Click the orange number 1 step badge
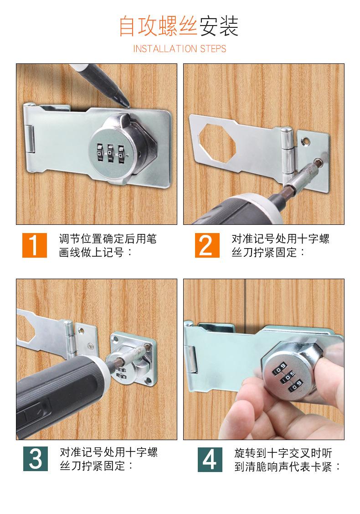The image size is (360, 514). (x=35, y=245)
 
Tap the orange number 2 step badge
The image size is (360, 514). (x=207, y=245)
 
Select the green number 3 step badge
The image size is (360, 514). (x=36, y=459)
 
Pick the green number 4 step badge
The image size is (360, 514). (x=210, y=459)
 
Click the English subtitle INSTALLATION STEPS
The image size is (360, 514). (x=180, y=49)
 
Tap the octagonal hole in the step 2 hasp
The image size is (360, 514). (x=217, y=143)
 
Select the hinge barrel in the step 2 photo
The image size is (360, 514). (x=287, y=151)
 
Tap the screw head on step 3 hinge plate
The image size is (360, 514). (x=90, y=345)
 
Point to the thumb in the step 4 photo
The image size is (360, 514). (x=330, y=364)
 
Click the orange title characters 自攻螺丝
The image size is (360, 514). (x=158, y=26)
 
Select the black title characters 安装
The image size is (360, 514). (x=219, y=26)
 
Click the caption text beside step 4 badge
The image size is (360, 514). (x=287, y=460)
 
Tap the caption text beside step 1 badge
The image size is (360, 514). (x=108, y=245)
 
